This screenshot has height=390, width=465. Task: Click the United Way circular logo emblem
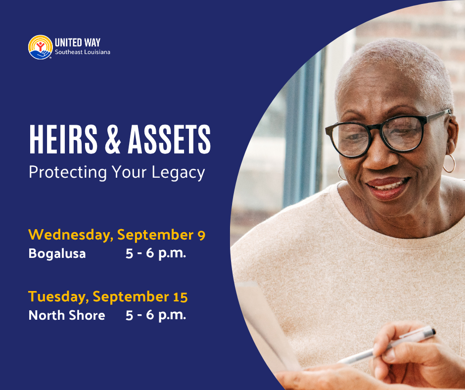tap(41, 47)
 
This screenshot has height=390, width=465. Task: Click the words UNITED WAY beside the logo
tap(78, 43)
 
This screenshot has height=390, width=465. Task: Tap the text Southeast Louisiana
tap(83, 52)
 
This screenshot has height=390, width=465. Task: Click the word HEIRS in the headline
tap(63, 139)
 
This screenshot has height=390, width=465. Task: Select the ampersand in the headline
tap(113, 139)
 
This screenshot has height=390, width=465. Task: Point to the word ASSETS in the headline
tap(169, 139)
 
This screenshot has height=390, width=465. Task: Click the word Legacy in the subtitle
tap(178, 173)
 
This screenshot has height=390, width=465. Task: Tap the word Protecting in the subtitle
tap(68, 173)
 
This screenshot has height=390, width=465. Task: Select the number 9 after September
tap(201, 235)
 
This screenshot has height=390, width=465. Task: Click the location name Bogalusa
tap(57, 254)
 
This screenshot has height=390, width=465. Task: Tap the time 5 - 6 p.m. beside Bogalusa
tap(156, 254)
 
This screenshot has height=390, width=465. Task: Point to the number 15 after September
tap(180, 297)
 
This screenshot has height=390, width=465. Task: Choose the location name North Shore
tap(67, 315)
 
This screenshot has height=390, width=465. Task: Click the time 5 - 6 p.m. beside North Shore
tap(156, 315)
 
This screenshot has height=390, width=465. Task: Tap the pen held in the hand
tap(387, 345)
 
